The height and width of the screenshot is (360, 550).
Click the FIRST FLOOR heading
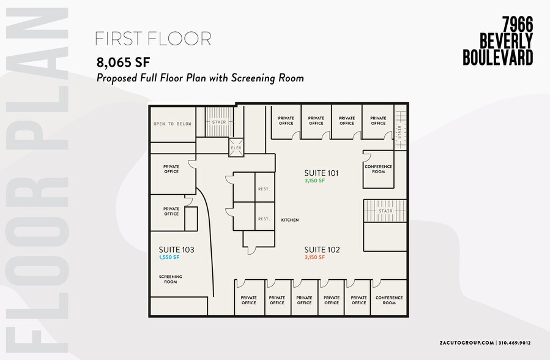pos(154,39)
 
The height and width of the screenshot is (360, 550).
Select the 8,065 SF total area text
pos(123,62)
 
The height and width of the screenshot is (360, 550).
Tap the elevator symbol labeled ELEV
pos(236,148)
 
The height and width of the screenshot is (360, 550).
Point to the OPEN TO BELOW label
pos(173,124)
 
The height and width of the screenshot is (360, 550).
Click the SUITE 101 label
pos(321,173)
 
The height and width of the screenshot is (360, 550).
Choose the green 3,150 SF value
pos(314,181)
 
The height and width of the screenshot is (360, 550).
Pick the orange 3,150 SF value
pos(314,257)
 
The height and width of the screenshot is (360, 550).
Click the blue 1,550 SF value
pos(169,257)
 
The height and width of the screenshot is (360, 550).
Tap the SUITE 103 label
pos(176,250)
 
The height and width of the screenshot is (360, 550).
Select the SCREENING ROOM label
pos(171,279)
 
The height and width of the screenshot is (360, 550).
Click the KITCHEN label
pos(290,220)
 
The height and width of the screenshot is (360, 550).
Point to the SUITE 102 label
pos(322,250)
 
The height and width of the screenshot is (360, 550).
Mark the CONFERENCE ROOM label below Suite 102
pos(389,301)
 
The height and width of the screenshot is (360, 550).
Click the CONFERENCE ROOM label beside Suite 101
pos(379,169)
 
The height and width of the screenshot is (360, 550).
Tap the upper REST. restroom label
pos(264,189)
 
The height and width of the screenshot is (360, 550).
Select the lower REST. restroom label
pos(264,219)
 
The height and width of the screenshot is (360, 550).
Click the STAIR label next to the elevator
pos(219,122)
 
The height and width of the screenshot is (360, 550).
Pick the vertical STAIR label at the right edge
pos(399,132)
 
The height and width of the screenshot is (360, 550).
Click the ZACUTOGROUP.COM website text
pos(467,343)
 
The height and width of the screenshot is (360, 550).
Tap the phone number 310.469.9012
pos(515,343)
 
